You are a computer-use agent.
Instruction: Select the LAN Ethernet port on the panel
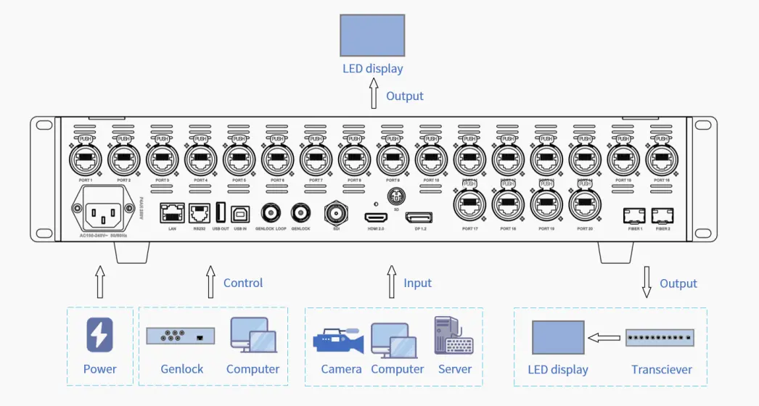point(172,213)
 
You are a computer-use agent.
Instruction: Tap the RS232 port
point(200,213)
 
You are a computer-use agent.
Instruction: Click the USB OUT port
point(221,212)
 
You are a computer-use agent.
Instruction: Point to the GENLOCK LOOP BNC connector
point(271,213)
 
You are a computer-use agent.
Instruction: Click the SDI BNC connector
point(336,213)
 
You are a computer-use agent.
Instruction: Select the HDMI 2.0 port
point(376,217)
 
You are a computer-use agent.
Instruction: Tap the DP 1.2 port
point(419,217)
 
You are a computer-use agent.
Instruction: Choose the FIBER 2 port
point(662,215)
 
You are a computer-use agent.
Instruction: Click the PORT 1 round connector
point(84,157)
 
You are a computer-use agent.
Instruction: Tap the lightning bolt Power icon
point(99,336)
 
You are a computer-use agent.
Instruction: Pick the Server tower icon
point(453,336)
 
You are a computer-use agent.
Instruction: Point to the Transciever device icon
point(660,338)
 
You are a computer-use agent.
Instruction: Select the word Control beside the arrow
point(243,283)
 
